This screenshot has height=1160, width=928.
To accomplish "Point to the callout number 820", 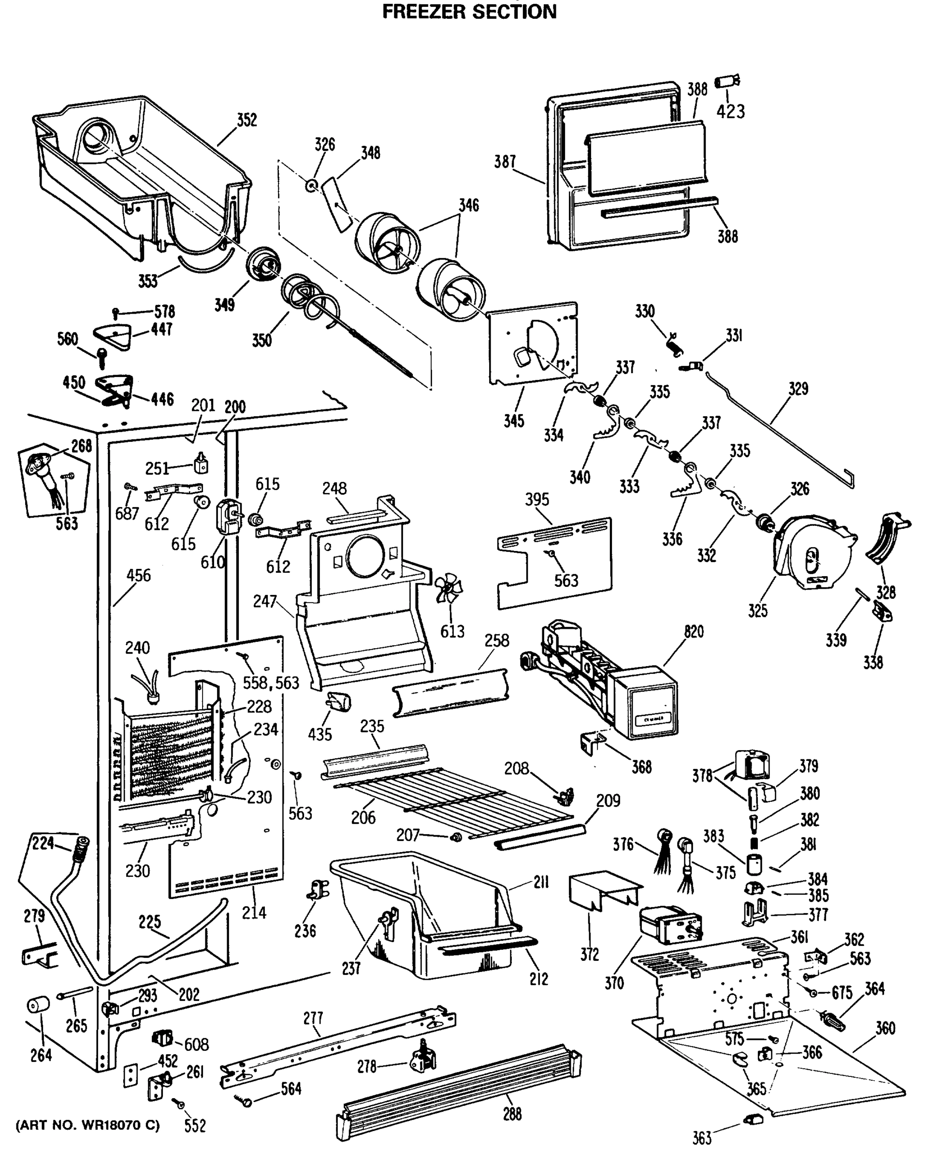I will point(694,631).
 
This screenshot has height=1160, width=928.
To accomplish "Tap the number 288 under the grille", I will point(512,1114).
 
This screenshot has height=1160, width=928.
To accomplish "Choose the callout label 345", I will point(513,421).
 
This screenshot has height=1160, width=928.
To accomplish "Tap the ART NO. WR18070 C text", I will point(87,1125).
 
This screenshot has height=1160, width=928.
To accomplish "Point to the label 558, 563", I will point(271,683).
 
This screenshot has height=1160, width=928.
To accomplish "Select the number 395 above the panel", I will point(537,499).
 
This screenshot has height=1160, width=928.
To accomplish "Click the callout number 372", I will point(589,954).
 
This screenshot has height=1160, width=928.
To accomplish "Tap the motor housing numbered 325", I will point(812,551).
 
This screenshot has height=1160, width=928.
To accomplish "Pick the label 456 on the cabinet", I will point(138,575).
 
